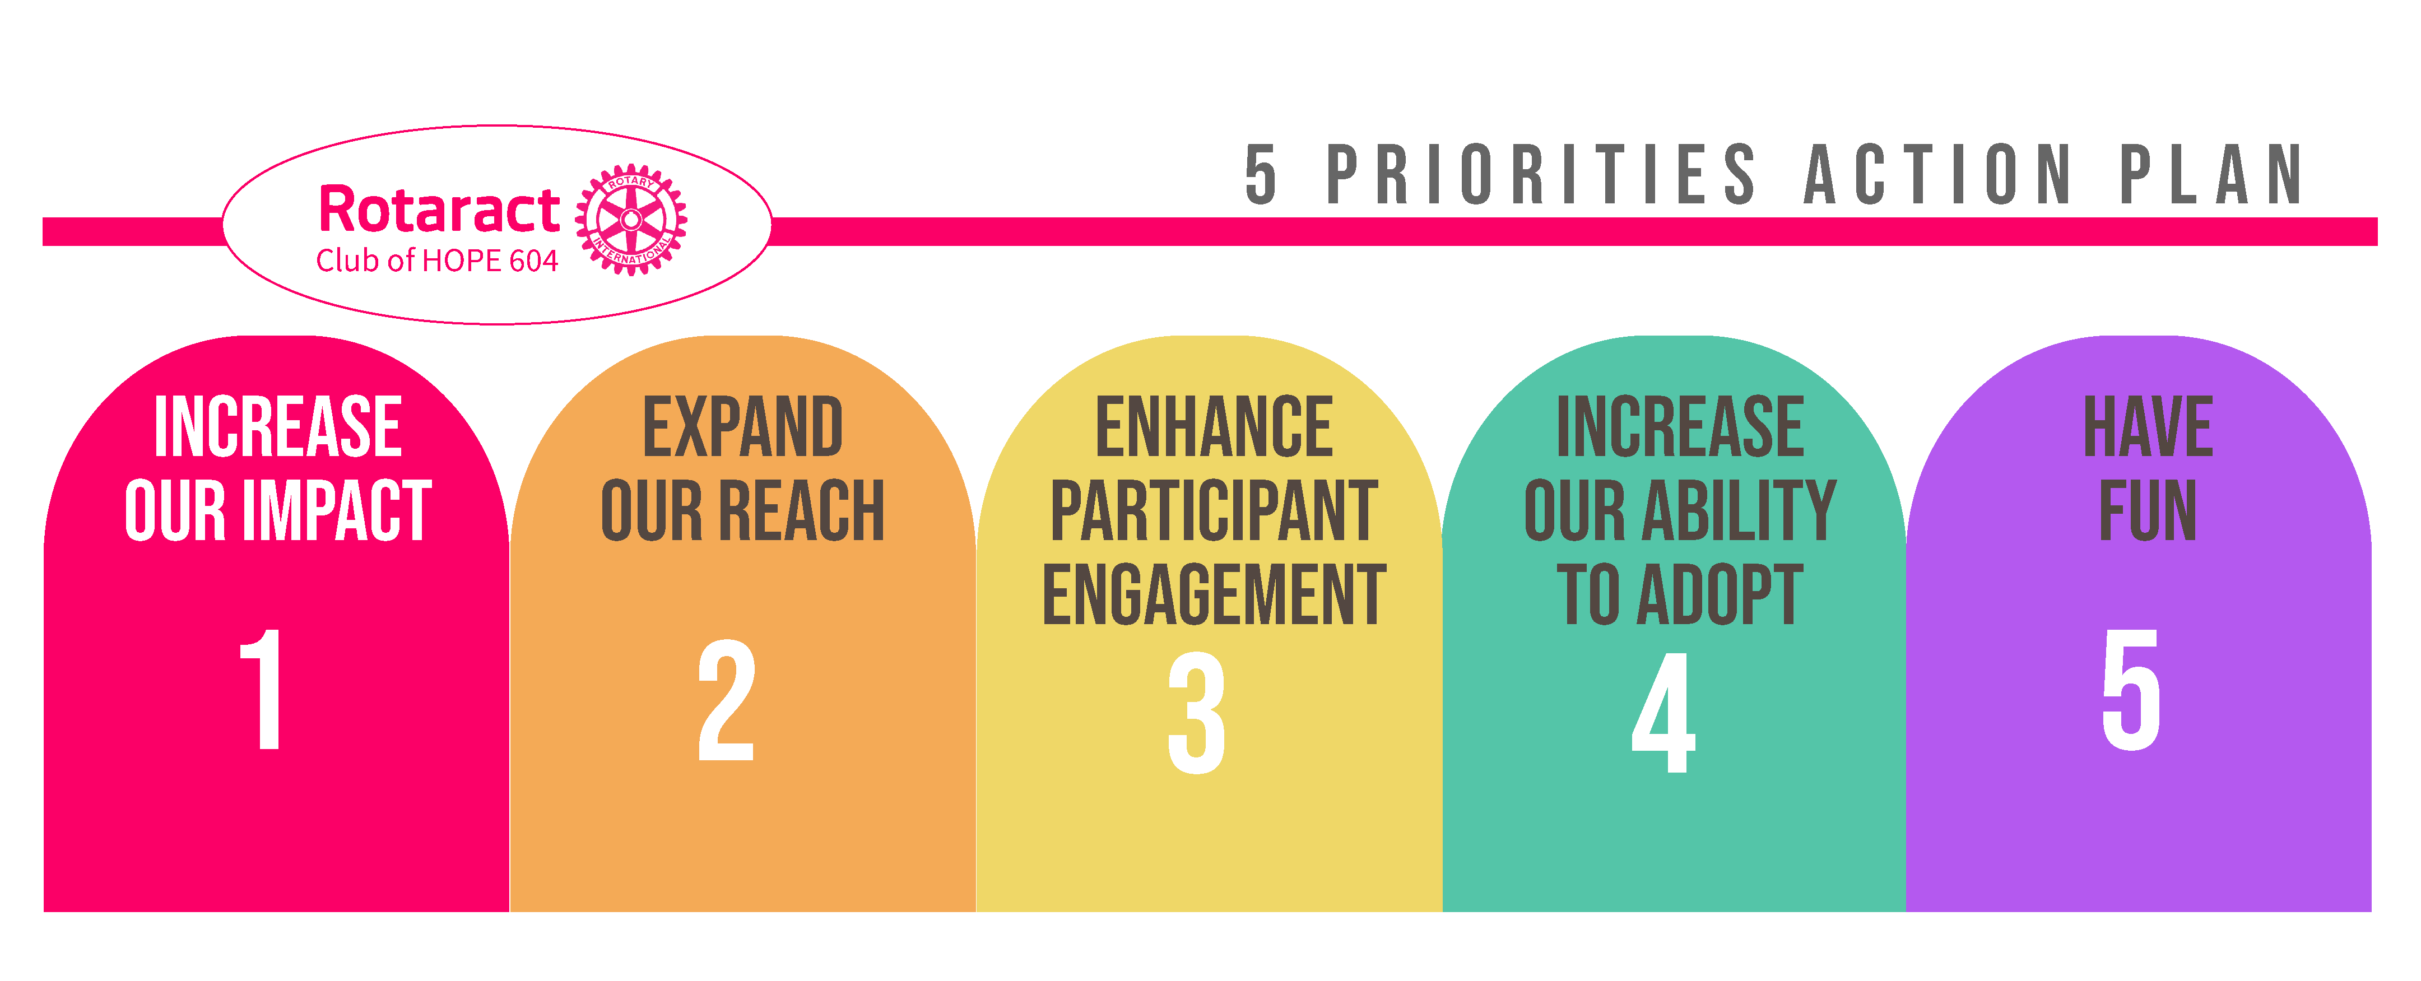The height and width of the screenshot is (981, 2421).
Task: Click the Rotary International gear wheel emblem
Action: point(631,220)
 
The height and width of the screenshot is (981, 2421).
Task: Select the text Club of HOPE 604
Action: point(437,261)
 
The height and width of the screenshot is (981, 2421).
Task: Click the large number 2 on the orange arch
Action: point(726,700)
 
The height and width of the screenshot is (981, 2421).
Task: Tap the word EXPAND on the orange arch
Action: point(742,427)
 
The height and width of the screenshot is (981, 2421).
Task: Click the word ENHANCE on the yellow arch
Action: point(1214,427)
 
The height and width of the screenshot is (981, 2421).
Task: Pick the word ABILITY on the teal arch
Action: point(1738,510)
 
